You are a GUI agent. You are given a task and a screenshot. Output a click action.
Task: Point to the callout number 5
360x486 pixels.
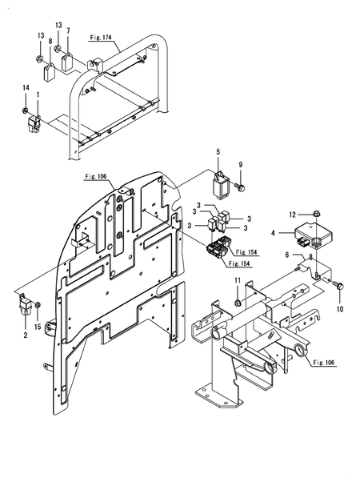[217, 151]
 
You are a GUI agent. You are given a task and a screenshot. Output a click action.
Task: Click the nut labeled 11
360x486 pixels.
[238, 302]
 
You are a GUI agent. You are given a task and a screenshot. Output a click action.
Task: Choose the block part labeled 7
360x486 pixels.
[68, 62]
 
